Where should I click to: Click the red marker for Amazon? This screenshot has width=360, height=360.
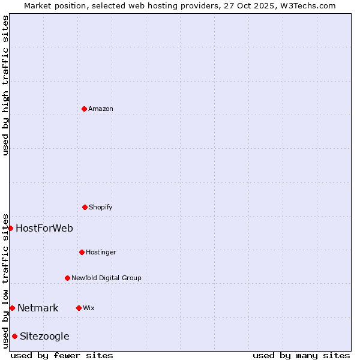pyautogui.click(x=84, y=109)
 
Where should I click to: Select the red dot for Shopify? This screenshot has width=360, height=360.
pyautogui.click(x=85, y=207)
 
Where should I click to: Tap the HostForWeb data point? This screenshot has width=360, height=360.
pyautogui.click(x=10, y=228)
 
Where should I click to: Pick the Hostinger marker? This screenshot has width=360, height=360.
pyautogui.click(x=82, y=252)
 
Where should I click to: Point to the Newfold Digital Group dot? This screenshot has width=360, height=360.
pyautogui.click(x=67, y=278)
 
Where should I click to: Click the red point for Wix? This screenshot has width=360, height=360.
pyautogui.click(x=79, y=308)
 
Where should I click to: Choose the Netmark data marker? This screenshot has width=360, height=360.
pyautogui.click(x=12, y=308)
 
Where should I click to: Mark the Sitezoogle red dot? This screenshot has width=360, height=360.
pyautogui.click(x=14, y=336)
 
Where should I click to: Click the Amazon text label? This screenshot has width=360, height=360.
pyautogui.click(x=101, y=109)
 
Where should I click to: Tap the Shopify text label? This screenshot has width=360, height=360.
pyautogui.click(x=101, y=207)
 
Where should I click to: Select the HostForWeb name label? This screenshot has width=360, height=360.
pyautogui.click(x=44, y=228)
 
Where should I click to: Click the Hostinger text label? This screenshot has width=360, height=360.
pyautogui.click(x=101, y=252)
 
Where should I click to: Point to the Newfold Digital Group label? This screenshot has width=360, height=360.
pyautogui.click(x=106, y=278)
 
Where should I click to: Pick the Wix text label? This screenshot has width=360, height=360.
pyautogui.click(x=89, y=308)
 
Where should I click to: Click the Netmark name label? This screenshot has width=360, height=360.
pyautogui.click(x=38, y=308)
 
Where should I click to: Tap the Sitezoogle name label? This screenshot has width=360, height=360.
pyautogui.click(x=44, y=336)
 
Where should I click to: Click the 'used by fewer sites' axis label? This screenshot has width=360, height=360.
pyautogui.click(x=62, y=355)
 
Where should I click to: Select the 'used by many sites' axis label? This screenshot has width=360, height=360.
pyautogui.click(x=301, y=355)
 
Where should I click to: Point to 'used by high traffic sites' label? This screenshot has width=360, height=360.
pyautogui.click(x=5, y=85)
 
